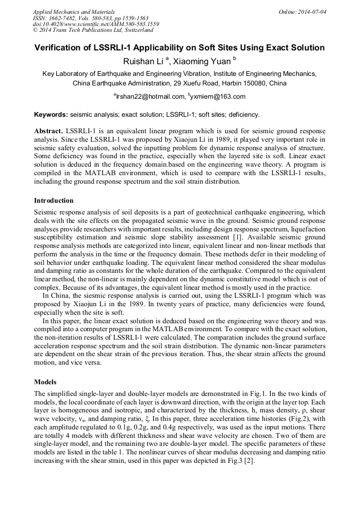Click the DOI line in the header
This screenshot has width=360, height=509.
[96, 24]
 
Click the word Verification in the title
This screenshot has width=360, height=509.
[59, 48]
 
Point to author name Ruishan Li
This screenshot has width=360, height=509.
[143, 62]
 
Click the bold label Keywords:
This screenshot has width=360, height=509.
[51, 114]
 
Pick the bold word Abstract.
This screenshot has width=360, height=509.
[48, 131]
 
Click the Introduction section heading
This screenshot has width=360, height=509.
[54, 201]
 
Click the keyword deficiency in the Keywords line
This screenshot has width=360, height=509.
[244, 114]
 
